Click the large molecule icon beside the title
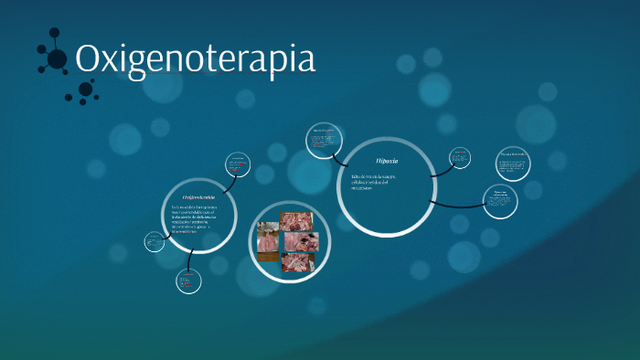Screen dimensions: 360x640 click(x=56, y=58)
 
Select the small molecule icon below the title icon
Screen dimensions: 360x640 click(x=86, y=90)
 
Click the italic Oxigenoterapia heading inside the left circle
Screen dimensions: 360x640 click(x=198, y=197)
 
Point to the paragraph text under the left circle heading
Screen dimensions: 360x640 click(x=197, y=220)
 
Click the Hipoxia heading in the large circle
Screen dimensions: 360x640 click(x=386, y=161)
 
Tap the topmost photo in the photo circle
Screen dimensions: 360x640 click(x=294, y=222)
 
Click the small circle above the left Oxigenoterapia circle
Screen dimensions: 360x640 click(x=238, y=165)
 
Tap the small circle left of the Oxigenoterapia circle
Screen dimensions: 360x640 click(x=154, y=241)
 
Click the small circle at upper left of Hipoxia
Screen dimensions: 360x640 click(x=325, y=140)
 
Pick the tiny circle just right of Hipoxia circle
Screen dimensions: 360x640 click(x=460, y=157)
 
